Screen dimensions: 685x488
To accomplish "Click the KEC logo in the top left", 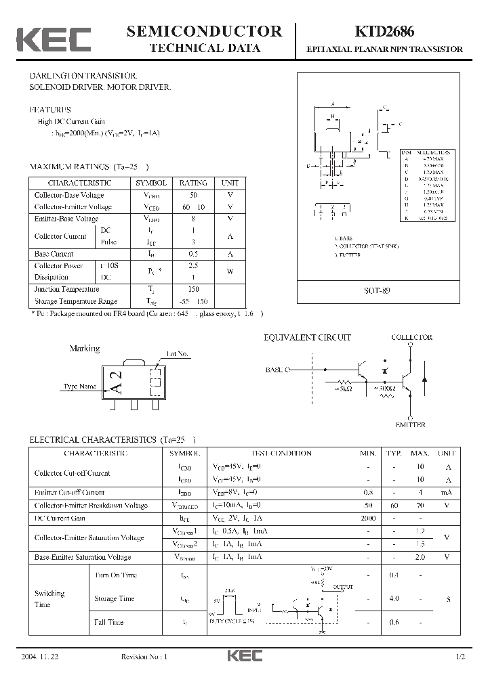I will tap(54, 39).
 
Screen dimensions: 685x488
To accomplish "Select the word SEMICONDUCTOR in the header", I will tap(204, 31).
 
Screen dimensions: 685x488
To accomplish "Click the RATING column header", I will tap(193, 183).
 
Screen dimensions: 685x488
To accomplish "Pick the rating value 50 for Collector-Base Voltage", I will tap(193, 195).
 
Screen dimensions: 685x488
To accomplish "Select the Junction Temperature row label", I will tap(66, 289).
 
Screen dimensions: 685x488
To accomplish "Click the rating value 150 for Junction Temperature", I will tap(193, 289).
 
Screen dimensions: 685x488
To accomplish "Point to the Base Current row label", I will tap(54, 254).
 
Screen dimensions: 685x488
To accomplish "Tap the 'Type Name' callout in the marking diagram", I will tap(79, 386).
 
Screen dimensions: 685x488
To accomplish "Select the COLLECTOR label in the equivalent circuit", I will tap(411, 337).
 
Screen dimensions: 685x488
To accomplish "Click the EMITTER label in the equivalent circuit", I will tap(410, 424).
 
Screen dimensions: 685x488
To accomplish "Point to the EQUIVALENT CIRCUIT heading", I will tap(307, 337).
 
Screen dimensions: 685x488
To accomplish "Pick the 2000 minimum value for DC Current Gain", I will tap(368, 518).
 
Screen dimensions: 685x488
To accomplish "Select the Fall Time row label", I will tap(108, 622).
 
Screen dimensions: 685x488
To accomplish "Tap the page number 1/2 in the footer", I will tap(461, 657).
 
